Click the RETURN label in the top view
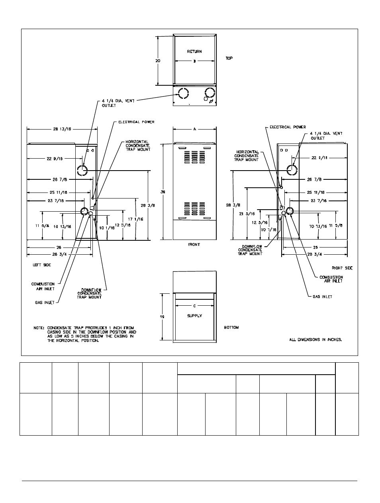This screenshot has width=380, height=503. (194, 51)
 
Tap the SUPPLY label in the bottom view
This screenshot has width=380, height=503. (194, 316)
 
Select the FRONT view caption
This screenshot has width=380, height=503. (194, 244)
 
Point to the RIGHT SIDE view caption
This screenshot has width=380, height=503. (342, 268)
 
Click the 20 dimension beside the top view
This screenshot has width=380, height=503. (158, 61)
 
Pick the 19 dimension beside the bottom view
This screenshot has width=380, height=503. (162, 316)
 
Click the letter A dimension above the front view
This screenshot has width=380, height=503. (195, 129)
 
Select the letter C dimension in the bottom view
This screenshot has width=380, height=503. (194, 306)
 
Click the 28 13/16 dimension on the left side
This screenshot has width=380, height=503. (62, 129)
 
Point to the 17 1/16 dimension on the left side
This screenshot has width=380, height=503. (133, 219)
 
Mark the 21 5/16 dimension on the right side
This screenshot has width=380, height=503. (247, 214)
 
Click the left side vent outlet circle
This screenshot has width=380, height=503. (82, 170)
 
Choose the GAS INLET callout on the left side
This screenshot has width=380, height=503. (44, 303)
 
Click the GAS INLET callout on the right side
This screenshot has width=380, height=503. (322, 297)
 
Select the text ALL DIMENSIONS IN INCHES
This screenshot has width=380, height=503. (315, 340)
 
